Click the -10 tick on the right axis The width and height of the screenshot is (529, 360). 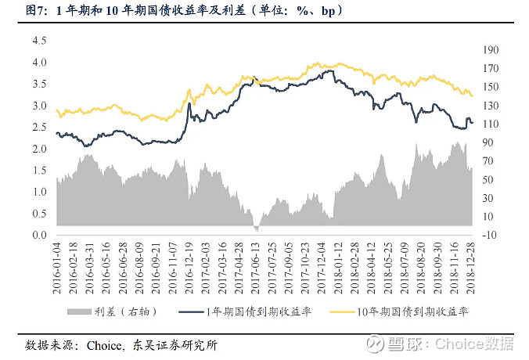(x=489, y=235)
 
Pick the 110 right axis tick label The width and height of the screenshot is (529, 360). (x=490, y=124)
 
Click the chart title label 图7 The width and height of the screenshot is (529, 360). (x=38, y=12)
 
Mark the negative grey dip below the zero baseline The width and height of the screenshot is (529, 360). (x=256, y=229)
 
